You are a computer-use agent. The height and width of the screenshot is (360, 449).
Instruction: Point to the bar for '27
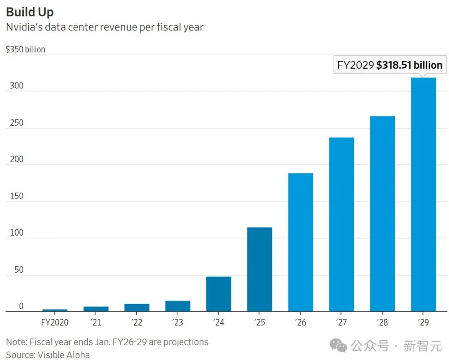pyautogui.click(x=341, y=224)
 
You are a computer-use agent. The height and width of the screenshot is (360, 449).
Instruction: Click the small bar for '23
pyautogui.click(x=178, y=306)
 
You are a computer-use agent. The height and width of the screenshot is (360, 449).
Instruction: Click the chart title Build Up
pyautogui.click(x=30, y=12)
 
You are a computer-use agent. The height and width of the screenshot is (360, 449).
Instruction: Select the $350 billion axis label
pyautogui.click(x=25, y=49)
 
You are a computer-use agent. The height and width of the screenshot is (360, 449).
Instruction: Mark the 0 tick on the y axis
pyautogui.click(x=21, y=306)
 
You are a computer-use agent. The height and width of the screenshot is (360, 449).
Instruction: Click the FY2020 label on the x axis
pyautogui.click(x=54, y=323)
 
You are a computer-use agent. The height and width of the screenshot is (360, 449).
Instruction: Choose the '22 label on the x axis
pyautogui.click(x=136, y=323)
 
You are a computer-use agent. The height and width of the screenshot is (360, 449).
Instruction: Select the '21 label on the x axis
pyautogui.click(x=96, y=323)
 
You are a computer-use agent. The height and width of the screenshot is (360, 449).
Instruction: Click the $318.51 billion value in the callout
pyautogui.click(x=409, y=65)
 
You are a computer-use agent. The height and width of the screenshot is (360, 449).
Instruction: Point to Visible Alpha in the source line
pyautogui.click(x=64, y=355)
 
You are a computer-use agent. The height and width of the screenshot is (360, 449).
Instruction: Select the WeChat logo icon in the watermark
pyautogui.click(x=338, y=345)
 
